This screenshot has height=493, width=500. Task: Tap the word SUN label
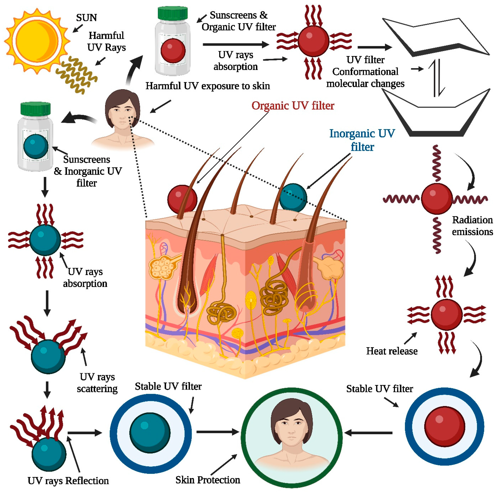pyautogui.click(x=86, y=18)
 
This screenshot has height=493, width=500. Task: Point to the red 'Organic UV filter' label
pyautogui.click(x=293, y=106)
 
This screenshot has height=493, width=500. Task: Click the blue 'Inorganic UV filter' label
pyautogui.click(x=362, y=140)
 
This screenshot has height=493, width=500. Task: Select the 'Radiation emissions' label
pyautogui.click(x=472, y=226)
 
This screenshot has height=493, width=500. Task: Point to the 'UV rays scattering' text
pyautogui.click(x=97, y=383)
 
